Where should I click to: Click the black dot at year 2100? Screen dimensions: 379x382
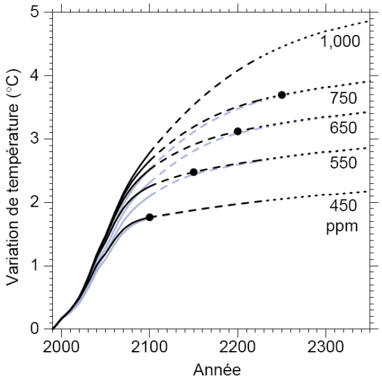(150, 217)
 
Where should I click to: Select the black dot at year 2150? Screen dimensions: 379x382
(194, 172)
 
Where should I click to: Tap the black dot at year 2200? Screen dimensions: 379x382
(237, 132)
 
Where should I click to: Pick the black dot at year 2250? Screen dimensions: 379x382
(281, 95)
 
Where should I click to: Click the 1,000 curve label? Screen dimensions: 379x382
(341, 42)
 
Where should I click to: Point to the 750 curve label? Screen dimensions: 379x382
(343, 99)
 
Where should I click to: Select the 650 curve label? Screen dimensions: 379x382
(343, 128)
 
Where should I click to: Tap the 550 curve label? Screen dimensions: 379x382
(343, 163)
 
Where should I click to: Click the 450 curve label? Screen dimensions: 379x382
(343, 205)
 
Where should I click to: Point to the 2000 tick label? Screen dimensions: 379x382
(62, 348)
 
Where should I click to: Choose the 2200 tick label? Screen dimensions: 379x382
(237, 348)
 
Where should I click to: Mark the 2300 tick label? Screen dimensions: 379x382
(325, 348)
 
